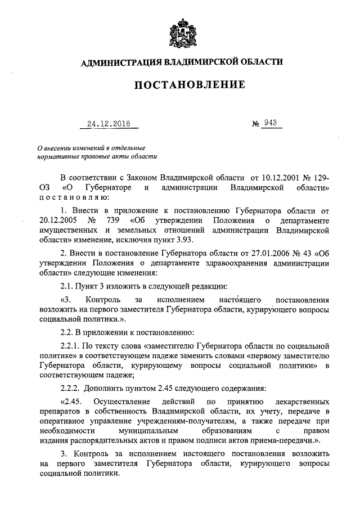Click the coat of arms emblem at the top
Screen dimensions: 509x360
click(x=180, y=35)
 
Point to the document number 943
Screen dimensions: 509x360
click(x=272, y=124)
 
